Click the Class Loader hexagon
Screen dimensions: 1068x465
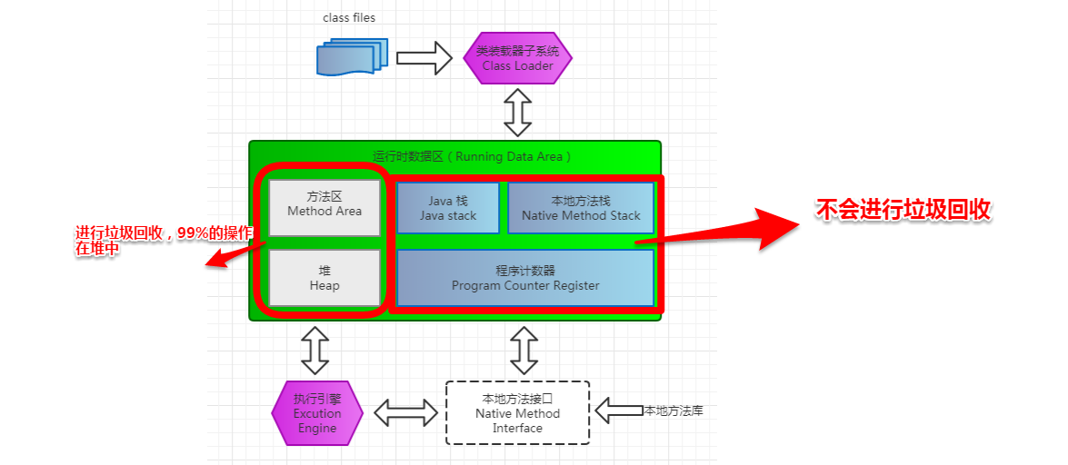coord(518,58)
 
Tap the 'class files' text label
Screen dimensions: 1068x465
coord(349,17)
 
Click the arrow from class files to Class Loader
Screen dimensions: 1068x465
coord(424,58)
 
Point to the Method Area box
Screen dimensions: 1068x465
coord(324,207)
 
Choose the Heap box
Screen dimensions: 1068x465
coord(324,278)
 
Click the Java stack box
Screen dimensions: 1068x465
coord(447,208)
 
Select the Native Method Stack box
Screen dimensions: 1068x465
coord(581,208)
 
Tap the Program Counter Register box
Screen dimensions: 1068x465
coord(525,278)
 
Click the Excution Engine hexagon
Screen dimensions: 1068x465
coord(317,412)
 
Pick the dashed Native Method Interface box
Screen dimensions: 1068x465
coord(518,412)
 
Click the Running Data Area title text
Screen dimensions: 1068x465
coord(472,156)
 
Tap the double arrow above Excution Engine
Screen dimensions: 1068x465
coord(315,350)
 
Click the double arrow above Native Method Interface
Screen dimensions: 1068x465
coord(524,350)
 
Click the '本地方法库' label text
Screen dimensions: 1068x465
coord(674,411)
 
